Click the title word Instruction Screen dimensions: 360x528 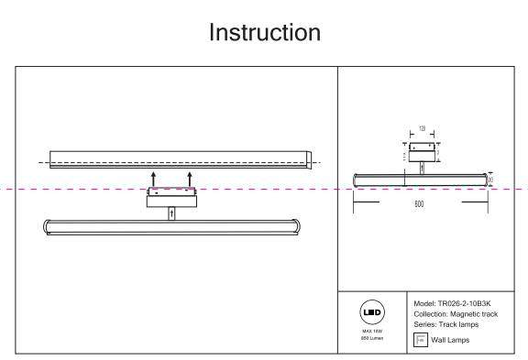point(264,33)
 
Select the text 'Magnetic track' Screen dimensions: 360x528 point(482,313)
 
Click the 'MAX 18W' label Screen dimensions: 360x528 point(370,331)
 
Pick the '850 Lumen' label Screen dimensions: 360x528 point(370,338)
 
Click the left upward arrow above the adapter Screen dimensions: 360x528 point(154,178)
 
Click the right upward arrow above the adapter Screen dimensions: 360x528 point(189,178)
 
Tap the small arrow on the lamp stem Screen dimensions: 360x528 point(170,213)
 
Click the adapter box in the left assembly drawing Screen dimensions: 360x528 point(171,197)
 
